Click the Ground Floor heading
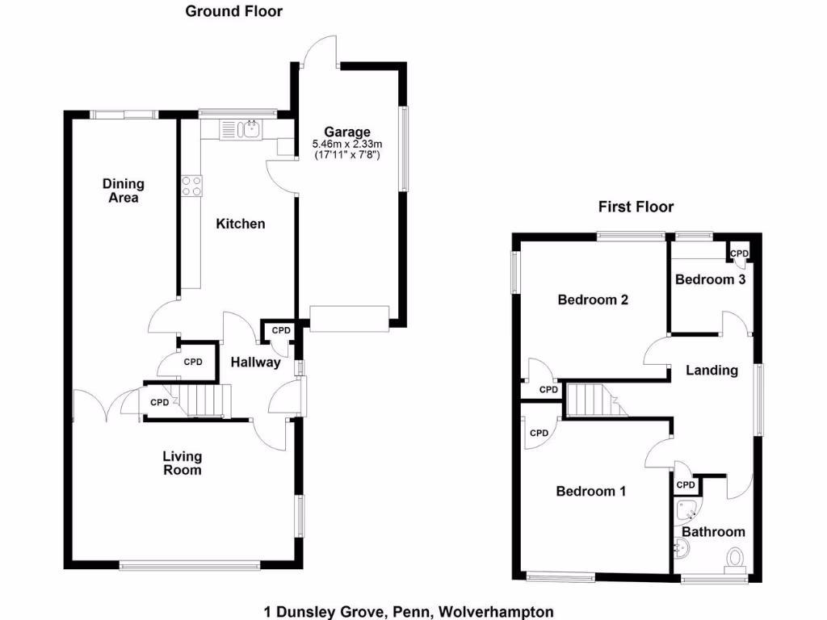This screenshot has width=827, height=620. coord(233,11)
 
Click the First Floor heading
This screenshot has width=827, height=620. coord(636,207)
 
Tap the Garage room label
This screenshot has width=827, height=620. coord(347,132)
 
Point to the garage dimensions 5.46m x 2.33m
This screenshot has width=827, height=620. coord(347,144)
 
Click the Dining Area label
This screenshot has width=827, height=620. coord(123,191)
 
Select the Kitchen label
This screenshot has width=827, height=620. coord(240,224)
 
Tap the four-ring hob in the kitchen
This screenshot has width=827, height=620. coord(191,186)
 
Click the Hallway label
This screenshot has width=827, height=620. coord(255,362)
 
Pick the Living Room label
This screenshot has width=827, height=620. coord(182,463)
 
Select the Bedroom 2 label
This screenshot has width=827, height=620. coord(593,300)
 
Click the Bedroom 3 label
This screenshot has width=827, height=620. coord(710,279)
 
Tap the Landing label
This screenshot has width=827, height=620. coord(712,371)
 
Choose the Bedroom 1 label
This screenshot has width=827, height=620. coord(590,491)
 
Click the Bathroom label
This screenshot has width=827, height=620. coord(713,532)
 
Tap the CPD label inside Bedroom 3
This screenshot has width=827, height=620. coord(740,253)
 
